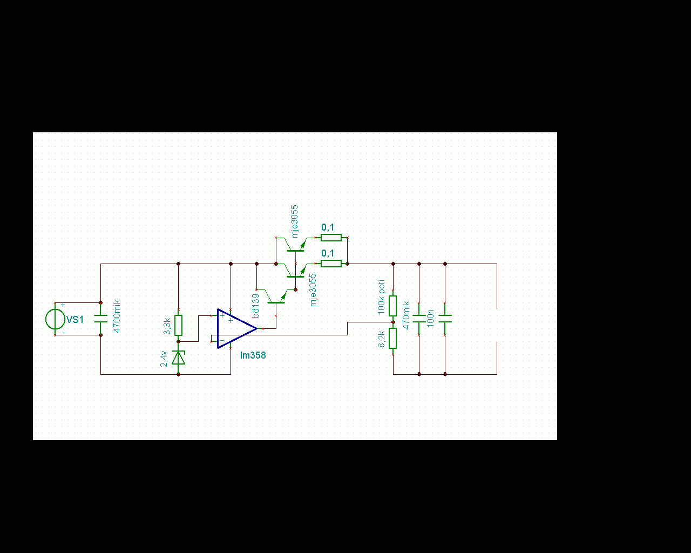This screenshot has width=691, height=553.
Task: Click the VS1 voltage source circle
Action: tap(55, 319)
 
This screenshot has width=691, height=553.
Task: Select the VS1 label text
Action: tap(75, 320)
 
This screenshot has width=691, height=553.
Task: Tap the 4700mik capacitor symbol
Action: tap(101, 319)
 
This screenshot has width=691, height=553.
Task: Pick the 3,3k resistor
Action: tap(179, 325)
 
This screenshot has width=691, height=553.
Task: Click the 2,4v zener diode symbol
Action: tap(179, 357)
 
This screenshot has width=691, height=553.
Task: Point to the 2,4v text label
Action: tap(164, 359)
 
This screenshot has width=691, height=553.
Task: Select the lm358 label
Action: tap(253, 355)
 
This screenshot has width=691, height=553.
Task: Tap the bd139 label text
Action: tap(256, 306)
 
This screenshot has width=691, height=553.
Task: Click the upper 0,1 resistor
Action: tap(331, 238)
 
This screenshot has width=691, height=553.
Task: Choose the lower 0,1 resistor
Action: tap(331, 264)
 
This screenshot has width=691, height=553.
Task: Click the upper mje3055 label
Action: tap(295, 221)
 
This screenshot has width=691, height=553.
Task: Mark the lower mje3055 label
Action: tap(313, 290)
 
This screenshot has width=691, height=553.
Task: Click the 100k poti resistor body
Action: tap(393, 306)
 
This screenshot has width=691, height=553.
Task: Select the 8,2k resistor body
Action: tap(393, 338)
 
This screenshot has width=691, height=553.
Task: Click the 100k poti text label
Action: tap(381, 297)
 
